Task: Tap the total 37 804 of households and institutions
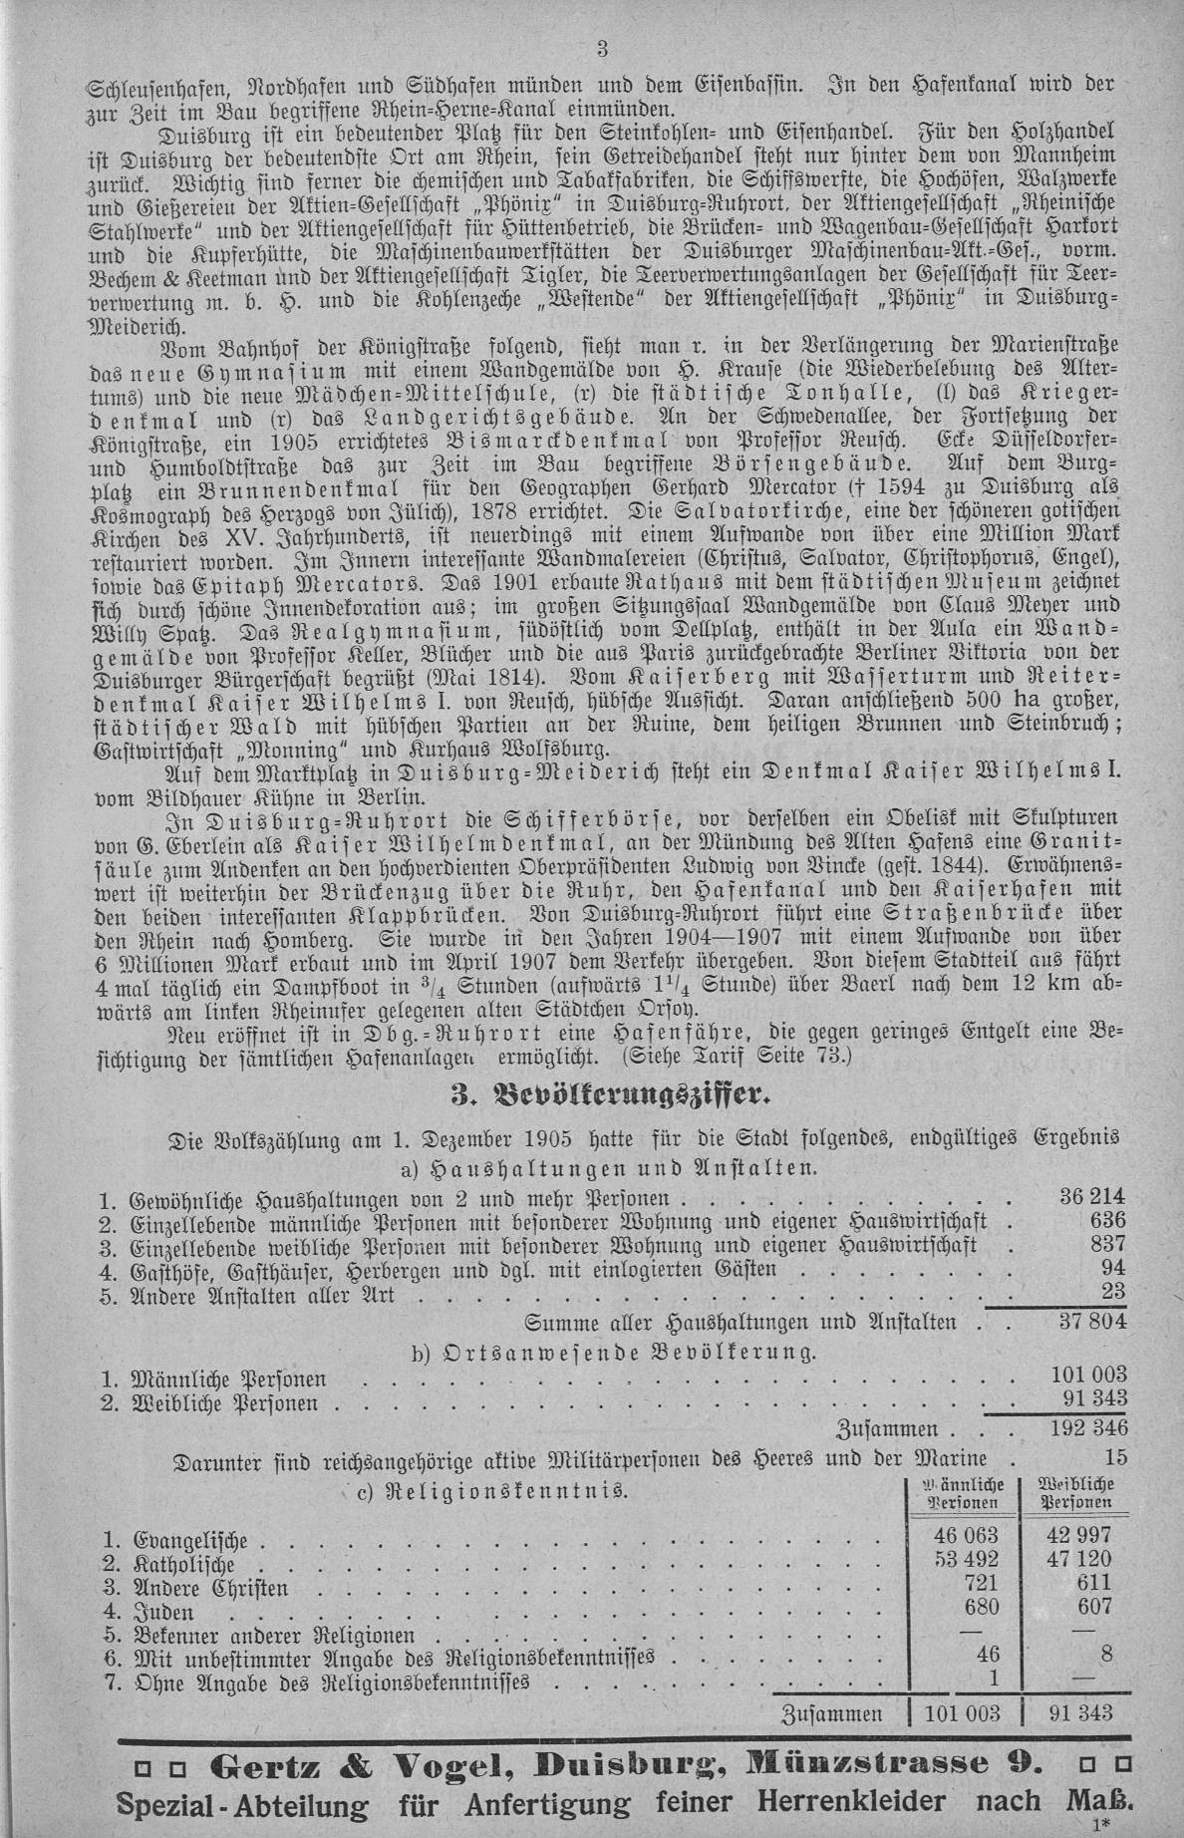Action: (x=1089, y=1321)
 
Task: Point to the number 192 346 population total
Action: (x=1087, y=1427)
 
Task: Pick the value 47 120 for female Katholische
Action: (x=1076, y=1561)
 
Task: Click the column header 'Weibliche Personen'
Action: (x=1076, y=1492)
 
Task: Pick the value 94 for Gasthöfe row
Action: (x=1112, y=1268)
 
